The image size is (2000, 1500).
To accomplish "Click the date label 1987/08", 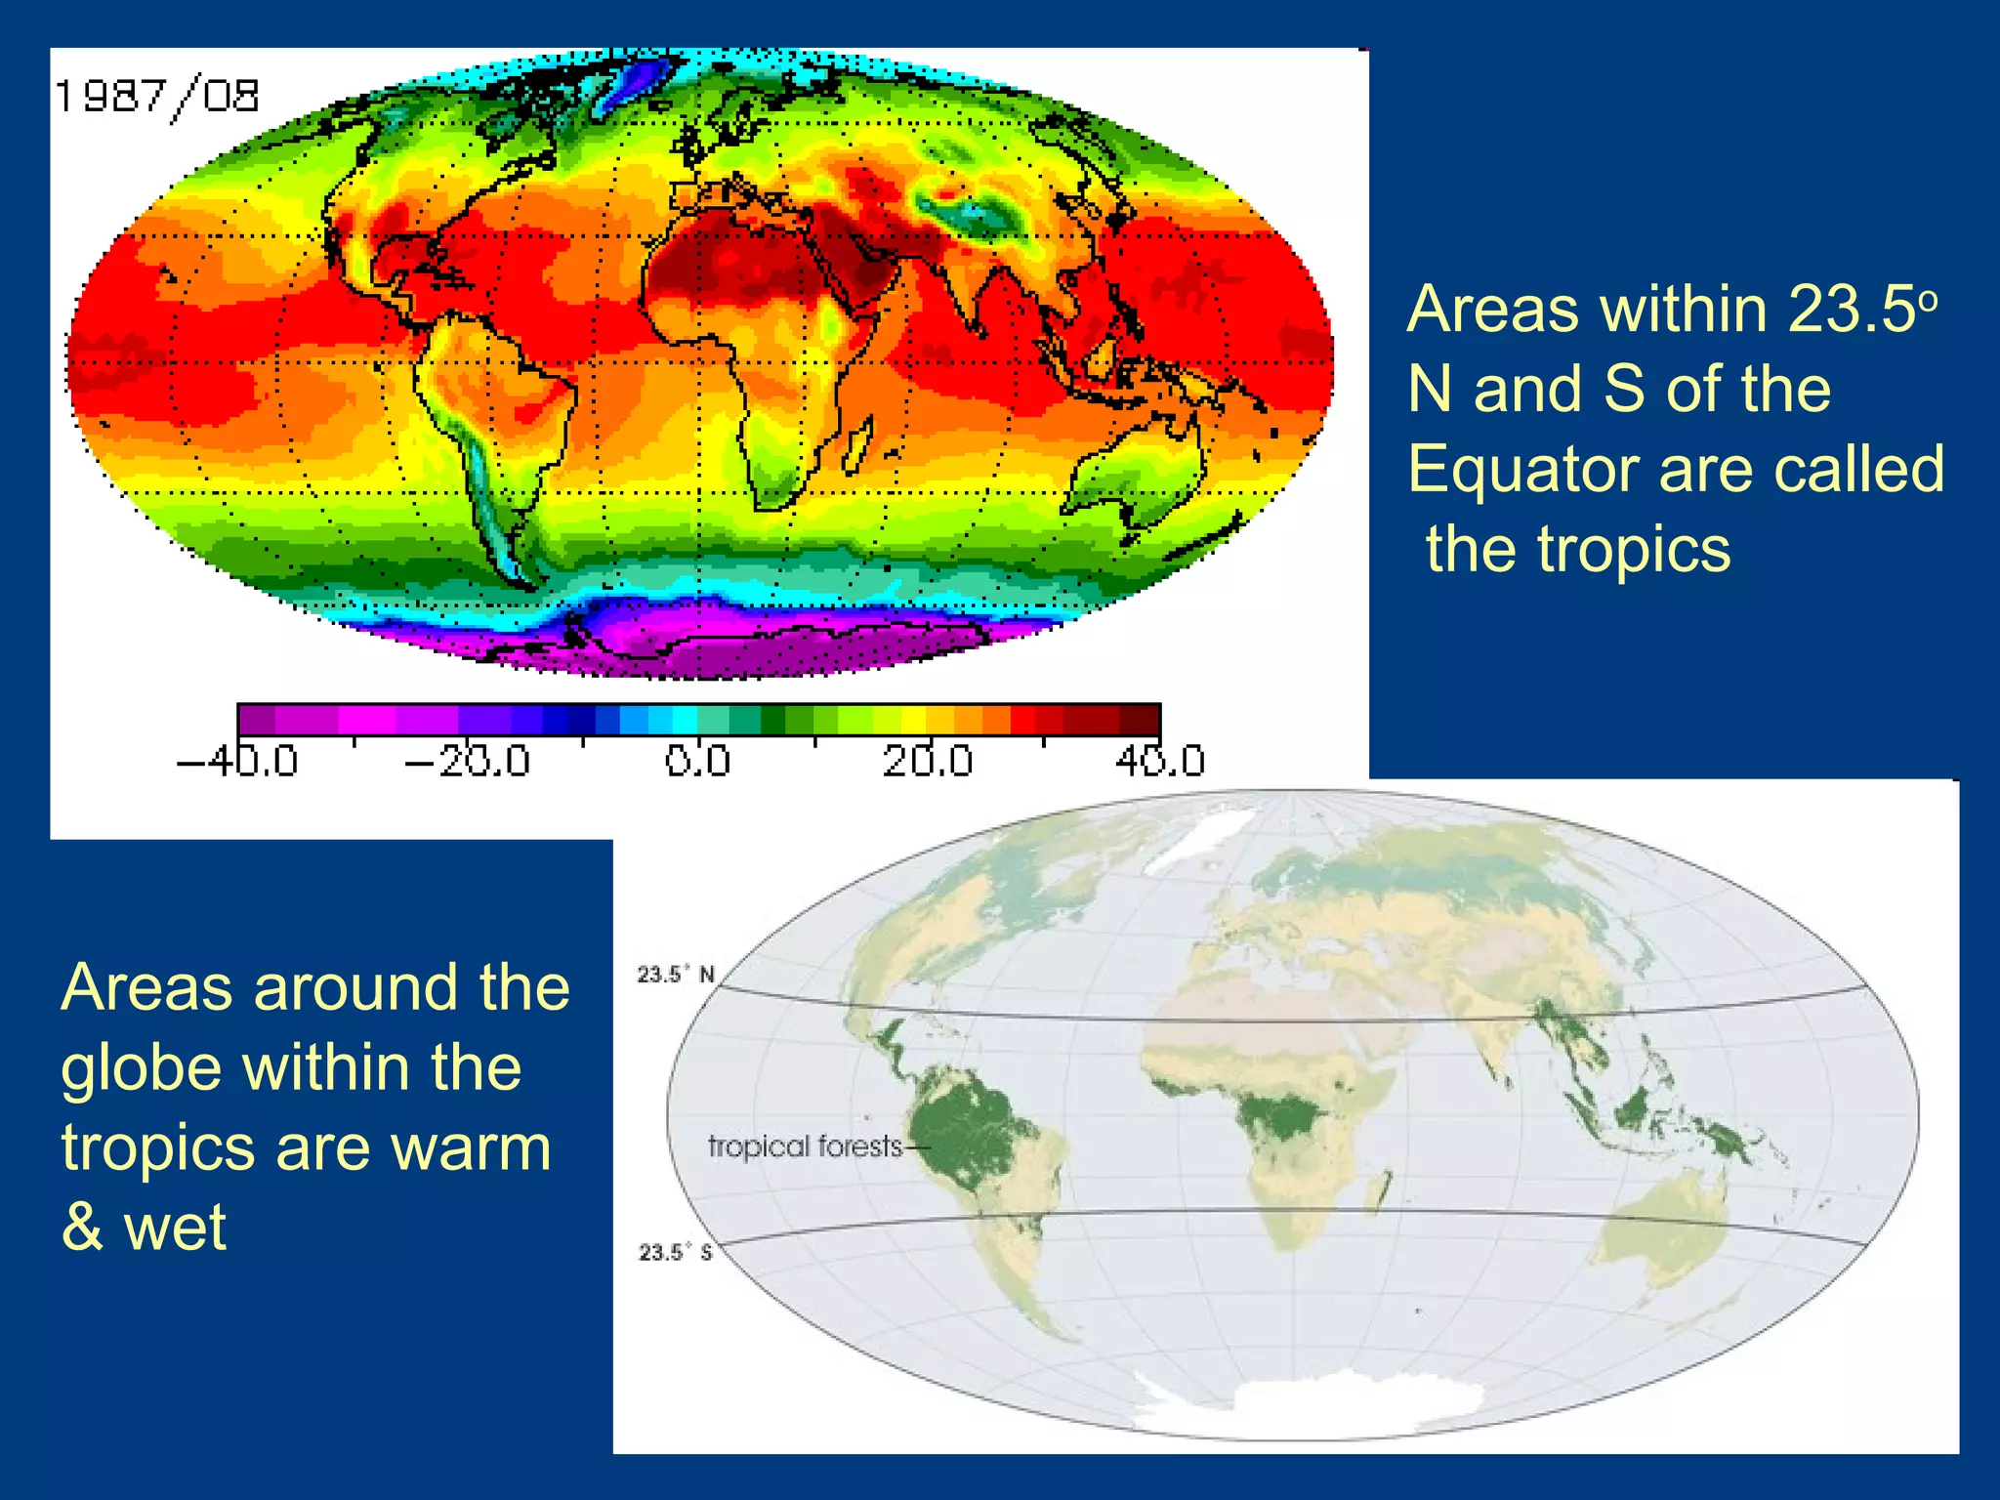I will [157, 97].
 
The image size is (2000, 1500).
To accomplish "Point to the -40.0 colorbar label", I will [237, 761].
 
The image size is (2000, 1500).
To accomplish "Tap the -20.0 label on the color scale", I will [468, 761].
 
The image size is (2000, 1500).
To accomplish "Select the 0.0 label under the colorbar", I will [697, 761].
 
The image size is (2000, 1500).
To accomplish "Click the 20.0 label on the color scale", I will [928, 761].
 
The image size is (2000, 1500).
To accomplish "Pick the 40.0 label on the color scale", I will [1160, 761].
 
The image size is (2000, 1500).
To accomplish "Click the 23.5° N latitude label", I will [676, 974].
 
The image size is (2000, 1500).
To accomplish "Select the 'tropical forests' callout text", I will [805, 1146].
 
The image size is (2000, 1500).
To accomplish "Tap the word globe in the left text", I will [143, 1067].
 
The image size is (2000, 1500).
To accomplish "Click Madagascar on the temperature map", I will [857, 450].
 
